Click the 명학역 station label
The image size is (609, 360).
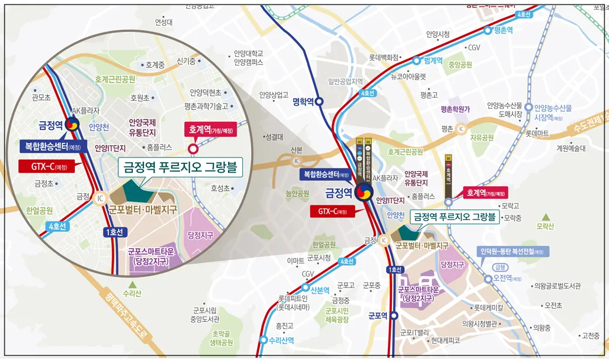tap(303, 101)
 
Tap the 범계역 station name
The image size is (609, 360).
tap(434, 60)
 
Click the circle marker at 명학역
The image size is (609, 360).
tap(319, 102)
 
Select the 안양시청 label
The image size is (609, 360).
tap(438, 34)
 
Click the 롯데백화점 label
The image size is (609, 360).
tap(383, 58)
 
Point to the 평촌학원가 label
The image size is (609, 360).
tap(455, 109)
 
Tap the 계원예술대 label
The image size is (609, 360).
tap(570, 148)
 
